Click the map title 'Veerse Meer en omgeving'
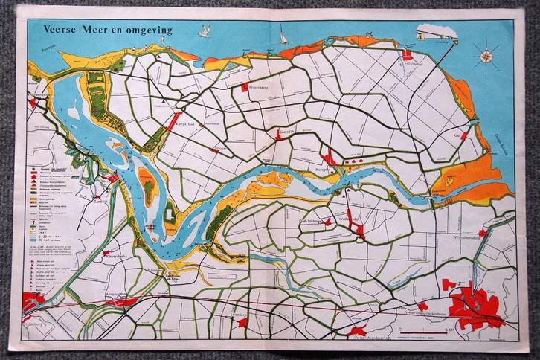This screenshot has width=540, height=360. tap(109, 30)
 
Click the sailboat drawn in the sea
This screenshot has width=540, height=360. tap(283, 36)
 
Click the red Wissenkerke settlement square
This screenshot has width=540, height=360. tap(245, 88)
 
